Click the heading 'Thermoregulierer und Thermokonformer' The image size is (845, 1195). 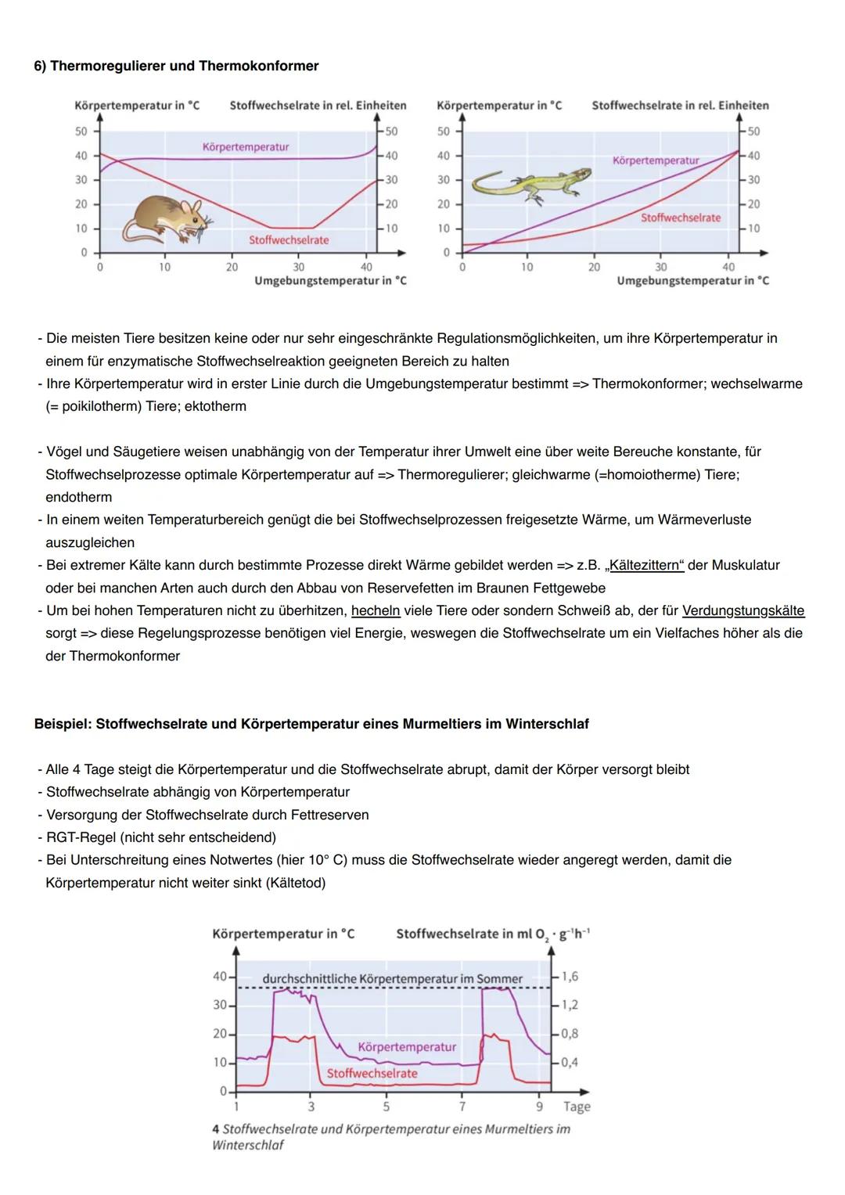point(184,66)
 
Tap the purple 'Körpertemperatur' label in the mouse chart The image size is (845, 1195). point(245,147)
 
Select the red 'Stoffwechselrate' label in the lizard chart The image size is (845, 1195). point(680,218)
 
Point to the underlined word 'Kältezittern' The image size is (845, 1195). point(645,565)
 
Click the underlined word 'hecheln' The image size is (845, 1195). point(376,610)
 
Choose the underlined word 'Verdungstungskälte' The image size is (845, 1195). point(743,610)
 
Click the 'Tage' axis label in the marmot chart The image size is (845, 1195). point(577,1107)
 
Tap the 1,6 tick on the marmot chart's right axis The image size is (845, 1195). point(570,977)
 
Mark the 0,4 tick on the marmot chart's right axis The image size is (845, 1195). point(570,1063)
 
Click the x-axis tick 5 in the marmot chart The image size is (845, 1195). point(386,1107)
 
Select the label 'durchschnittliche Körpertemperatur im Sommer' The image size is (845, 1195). point(392,979)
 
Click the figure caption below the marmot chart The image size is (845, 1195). point(391,1137)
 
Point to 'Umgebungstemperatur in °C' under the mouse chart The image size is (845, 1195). point(330,281)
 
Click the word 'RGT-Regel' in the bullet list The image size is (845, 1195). point(81,837)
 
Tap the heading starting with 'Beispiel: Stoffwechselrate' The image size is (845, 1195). point(311,724)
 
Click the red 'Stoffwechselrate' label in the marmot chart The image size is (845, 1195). point(372,1074)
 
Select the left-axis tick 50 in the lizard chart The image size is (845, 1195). point(444,131)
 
